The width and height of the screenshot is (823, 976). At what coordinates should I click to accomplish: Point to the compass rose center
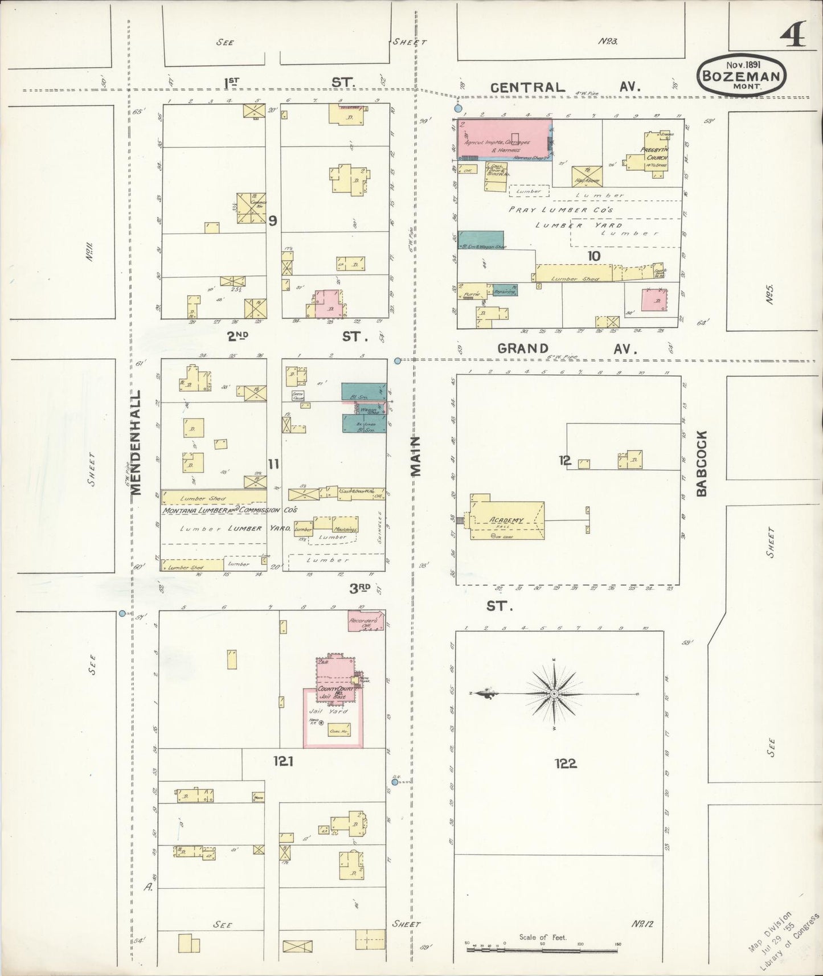click(x=554, y=694)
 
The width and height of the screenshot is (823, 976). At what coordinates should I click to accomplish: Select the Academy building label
click(x=506, y=520)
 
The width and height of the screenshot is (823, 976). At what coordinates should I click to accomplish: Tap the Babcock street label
click(x=701, y=463)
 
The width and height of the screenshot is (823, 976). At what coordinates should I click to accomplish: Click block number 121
click(x=282, y=761)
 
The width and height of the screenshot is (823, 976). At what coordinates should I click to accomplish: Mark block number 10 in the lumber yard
click(x=593, y=256)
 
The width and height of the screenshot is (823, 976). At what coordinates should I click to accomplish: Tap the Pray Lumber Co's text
click(x=560, y=210)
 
